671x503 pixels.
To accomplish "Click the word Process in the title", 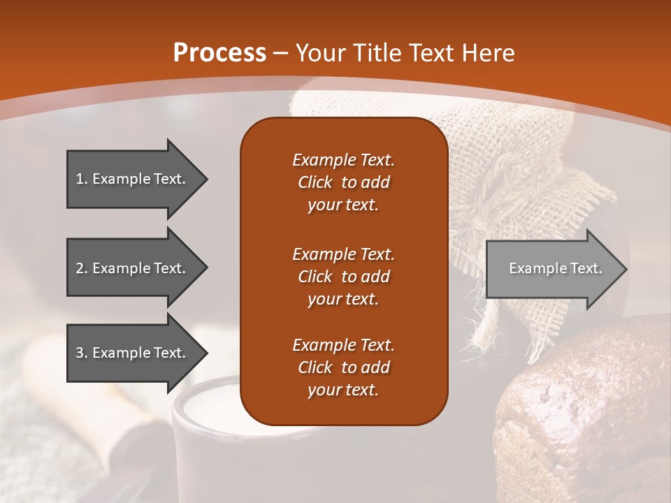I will [x=219, y=53].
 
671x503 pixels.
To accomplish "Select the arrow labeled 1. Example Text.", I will [x=133, y=179].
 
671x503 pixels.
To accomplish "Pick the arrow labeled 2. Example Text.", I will [x=133, y=268].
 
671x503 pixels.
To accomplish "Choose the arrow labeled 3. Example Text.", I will [x=133, y=353].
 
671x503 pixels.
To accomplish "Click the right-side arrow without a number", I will [x=552, y=269].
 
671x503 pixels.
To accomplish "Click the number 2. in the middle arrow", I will [x=81, y=268].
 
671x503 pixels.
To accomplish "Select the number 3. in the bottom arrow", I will [x=81, y=353].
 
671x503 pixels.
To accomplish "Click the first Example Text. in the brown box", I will [x=343, y=160].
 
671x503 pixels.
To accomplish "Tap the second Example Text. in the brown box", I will [x=343, y=254].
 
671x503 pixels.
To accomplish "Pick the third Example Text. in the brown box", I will [x=343, y=345].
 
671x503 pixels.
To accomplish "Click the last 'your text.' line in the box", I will [x=343, y=391].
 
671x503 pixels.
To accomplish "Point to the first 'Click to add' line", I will [x=343, y=182].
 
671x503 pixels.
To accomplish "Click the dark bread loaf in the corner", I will [x=587, y=419].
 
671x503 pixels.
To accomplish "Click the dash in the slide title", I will [x=281, y=54].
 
